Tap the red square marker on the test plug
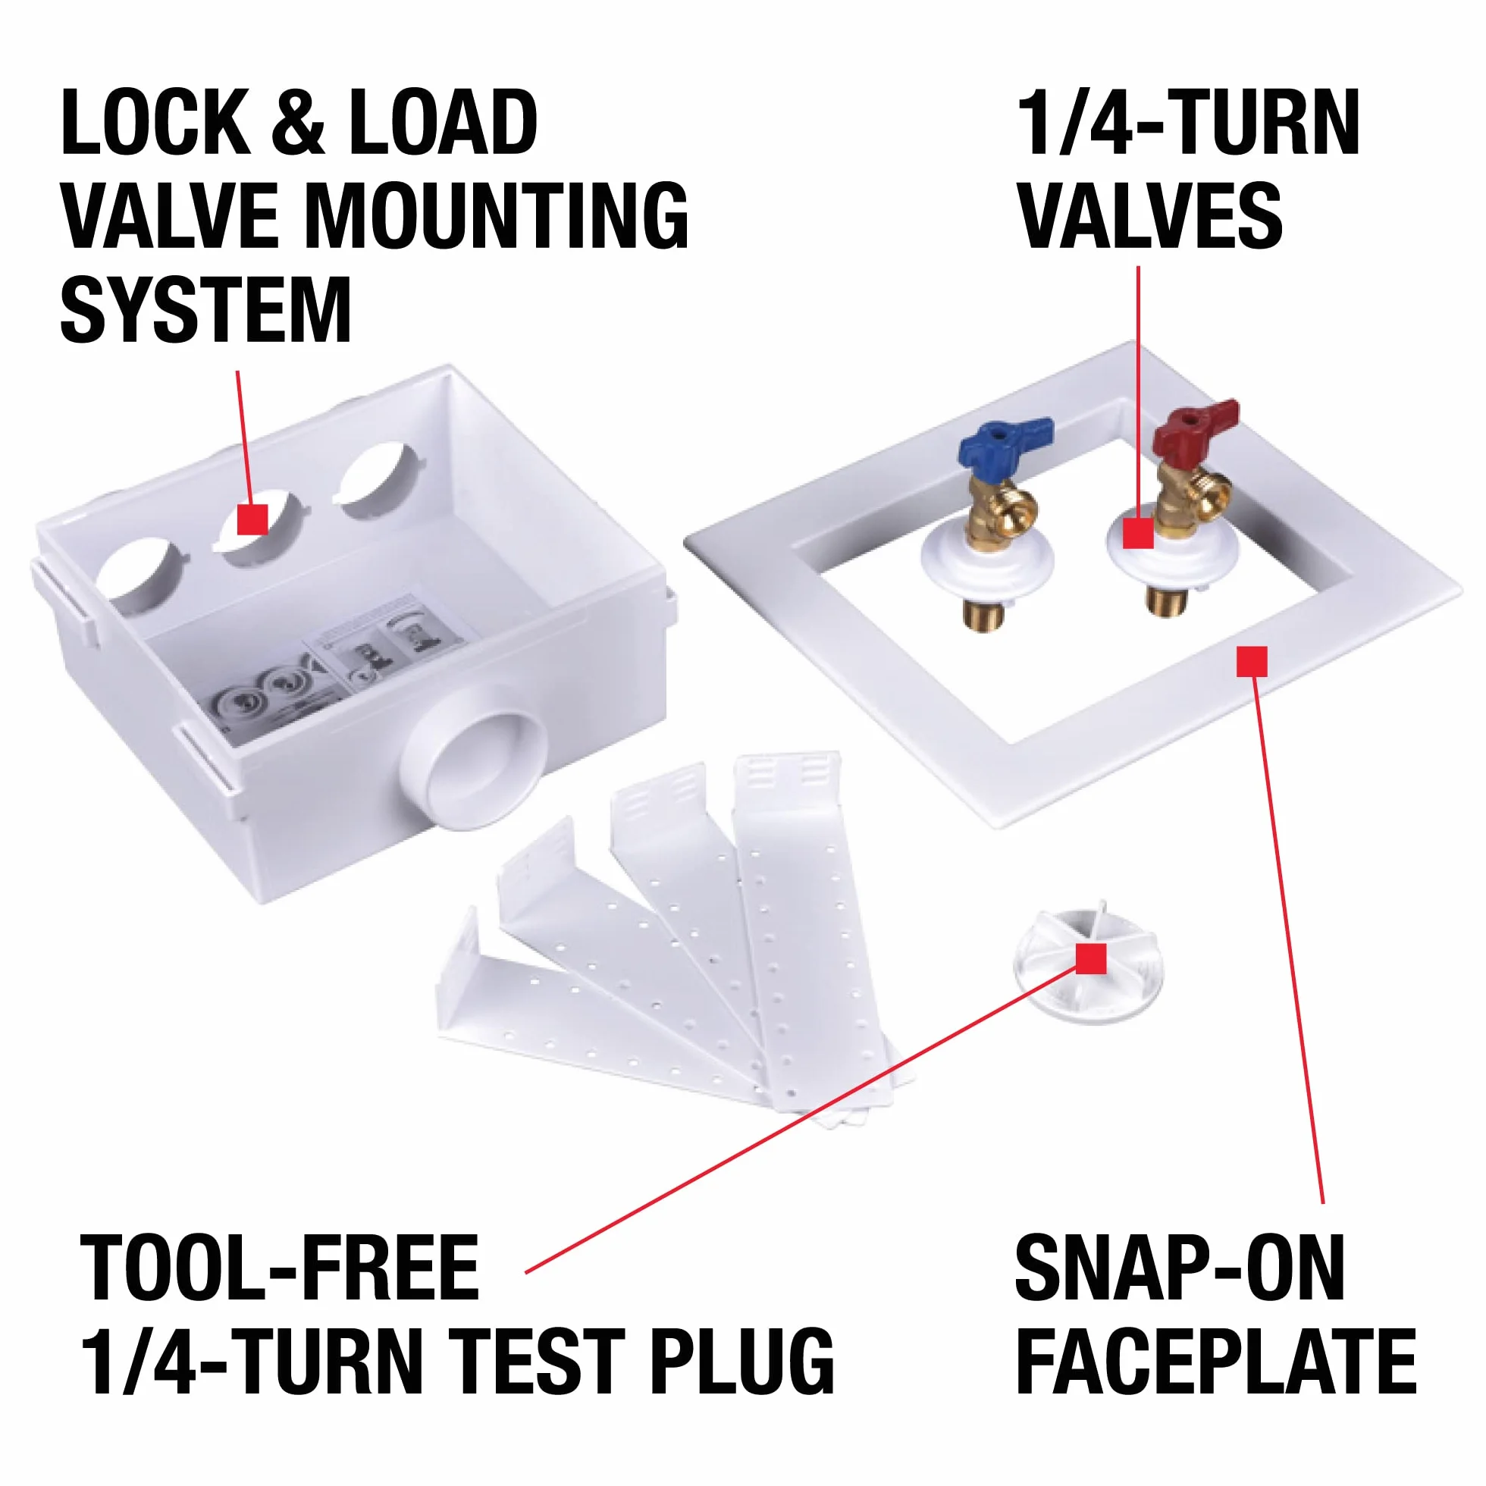pyautogui.click(x=1092, y=958)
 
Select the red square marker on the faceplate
pyautogui.click(x=1252, y=661)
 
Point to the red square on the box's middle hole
pyautogui.click(x=252, y=519)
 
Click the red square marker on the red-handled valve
pyautogui.click(x=1138, y=533)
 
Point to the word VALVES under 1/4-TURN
pyautogui.click(x=1152, y=215)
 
